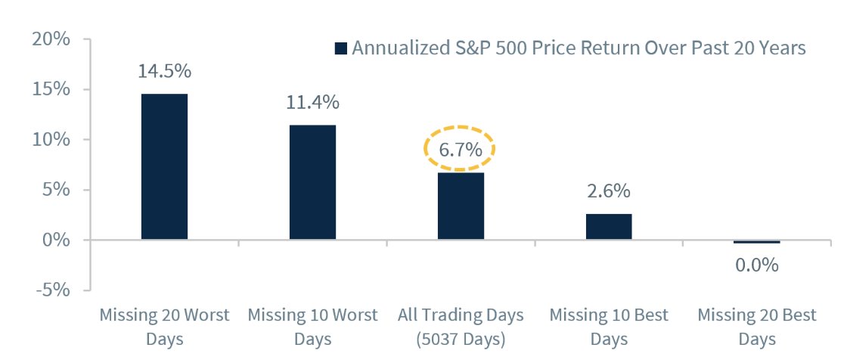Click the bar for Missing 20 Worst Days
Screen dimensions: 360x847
164,166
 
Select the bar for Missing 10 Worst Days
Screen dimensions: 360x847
312,182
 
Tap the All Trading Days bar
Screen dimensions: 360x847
461,206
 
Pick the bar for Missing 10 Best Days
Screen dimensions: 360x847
609,227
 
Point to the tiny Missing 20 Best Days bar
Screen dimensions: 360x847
757,242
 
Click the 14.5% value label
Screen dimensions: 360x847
164,72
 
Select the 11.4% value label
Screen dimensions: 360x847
312,102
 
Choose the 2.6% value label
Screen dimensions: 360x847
609,191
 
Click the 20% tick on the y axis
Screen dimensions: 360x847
51,39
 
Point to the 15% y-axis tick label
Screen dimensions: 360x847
51,89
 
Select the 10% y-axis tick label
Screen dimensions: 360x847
51,140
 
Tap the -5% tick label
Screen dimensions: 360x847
51,290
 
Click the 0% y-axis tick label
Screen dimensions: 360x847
57,241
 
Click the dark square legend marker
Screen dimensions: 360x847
340,48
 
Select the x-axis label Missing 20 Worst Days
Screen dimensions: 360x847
164,325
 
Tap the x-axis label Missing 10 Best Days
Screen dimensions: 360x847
609,325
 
